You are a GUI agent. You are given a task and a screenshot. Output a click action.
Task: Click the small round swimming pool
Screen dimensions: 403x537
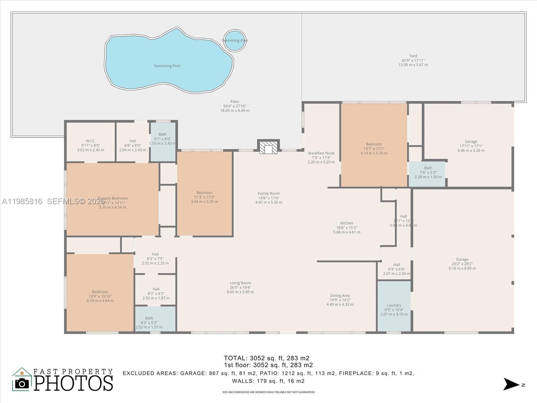(235, 40)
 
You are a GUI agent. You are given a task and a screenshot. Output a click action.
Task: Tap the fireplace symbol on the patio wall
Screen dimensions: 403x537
(268, 147)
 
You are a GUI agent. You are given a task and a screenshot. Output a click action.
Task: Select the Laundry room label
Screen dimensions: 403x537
(394, 305)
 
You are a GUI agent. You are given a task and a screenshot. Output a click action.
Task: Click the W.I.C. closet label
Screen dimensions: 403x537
(91, 141)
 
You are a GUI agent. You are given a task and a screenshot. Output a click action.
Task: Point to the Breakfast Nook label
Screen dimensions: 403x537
(321, 153)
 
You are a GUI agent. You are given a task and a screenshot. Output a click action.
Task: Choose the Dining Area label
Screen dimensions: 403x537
(340, 296)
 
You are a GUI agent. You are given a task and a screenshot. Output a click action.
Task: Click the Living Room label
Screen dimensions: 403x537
(240, 283)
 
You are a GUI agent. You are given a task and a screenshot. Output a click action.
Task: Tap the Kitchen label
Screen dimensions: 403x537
(347, 223)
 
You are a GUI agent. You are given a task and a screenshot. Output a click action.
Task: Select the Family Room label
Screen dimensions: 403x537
(268, 193)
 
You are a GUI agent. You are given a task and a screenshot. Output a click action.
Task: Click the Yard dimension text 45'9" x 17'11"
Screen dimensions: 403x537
(413, 60)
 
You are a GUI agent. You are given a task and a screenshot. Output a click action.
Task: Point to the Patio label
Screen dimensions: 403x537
(235, 101)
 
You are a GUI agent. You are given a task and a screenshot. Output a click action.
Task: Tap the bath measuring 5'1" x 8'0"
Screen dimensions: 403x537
(162, 139)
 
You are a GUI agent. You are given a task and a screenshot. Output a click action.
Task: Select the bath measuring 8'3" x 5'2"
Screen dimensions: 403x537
(149, 322)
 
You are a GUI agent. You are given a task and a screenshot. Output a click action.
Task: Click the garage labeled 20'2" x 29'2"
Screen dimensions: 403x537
(462, 264)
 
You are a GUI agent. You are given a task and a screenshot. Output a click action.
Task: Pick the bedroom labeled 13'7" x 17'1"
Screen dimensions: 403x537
(374, 148)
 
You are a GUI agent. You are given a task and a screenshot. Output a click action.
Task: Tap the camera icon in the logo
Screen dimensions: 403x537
(22, 383)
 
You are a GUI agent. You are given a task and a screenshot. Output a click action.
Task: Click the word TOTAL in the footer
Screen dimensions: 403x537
(235, 358)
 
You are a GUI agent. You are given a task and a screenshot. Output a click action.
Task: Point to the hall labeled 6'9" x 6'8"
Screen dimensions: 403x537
(396, 269)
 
